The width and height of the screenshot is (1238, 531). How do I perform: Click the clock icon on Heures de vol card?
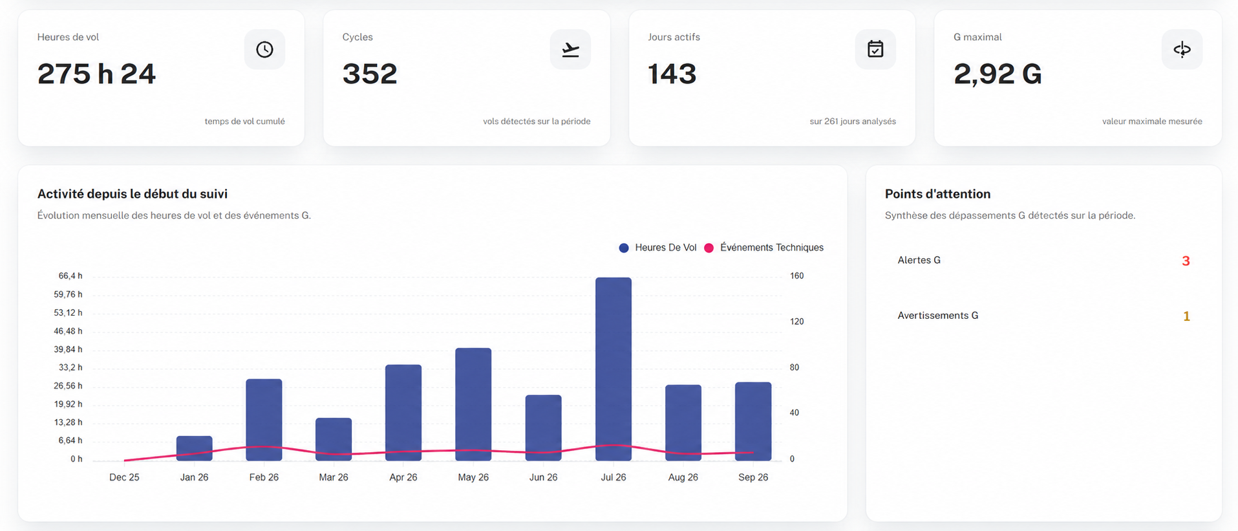pyautogui.click(x=264, y=49)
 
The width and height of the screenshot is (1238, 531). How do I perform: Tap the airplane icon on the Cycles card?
pyautogui.click(x=570, y=49)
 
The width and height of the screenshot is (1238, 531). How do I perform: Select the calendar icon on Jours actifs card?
pyautogui.click(x=875, y=49)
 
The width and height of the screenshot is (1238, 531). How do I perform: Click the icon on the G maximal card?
pyautogui.click(x=1182, y=49)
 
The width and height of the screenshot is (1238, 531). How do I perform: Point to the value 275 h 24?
pyautogui.click(x=97, y=74)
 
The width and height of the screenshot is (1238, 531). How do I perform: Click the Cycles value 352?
pyautogui.click(x=370, y=74)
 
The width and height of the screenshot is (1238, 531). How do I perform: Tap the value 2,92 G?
pyautogui.click(x=998, y=74)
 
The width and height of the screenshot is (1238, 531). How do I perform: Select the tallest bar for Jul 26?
pyautogui.click(x=614, y=369)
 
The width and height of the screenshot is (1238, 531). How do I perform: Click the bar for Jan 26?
pyautogui.click(x=195, y=448)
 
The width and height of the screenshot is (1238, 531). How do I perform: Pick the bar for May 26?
pyautogui.click(x=473, y=404)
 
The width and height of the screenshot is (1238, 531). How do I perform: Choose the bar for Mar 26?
pyautogui.click(x=334, y=439)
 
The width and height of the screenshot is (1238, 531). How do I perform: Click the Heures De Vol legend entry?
pyautogui.click(x=658, y=248)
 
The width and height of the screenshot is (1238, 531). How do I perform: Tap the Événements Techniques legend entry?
pyautogui.click(x=764, y=248)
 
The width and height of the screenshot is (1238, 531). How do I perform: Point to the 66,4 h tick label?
pyautogui.click(x=70, y=276)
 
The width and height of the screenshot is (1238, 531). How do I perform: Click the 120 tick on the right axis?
pyautogui.click(x=797, y=321)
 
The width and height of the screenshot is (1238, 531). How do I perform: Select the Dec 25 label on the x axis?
pyautogui.click(x=124, y=477)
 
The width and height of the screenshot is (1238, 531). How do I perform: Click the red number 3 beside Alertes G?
pyautogui.click(x=1186, y=261)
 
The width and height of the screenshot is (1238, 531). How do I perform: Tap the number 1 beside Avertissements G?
pyautogui.click(x=1186, y=316)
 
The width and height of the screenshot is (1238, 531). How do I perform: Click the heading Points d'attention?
pyautogui.click(x=937, y=194)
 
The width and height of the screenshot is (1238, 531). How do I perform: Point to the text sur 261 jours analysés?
pyautogui.click(x=853, y=122)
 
